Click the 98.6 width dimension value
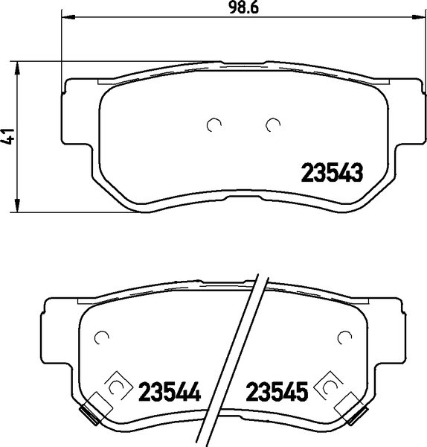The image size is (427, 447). point(243,7)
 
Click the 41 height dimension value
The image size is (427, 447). point(9,136)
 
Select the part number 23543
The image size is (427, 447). point(332,173)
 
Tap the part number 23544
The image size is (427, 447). point(170,391)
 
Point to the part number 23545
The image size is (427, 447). point(277,391)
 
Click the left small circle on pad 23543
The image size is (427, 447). point(214,124)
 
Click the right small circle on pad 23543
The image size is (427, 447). point(273,124)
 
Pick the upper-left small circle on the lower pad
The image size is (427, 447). point(101,337)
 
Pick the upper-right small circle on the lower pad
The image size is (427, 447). point(344,337)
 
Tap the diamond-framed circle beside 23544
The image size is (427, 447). point(117,387)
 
